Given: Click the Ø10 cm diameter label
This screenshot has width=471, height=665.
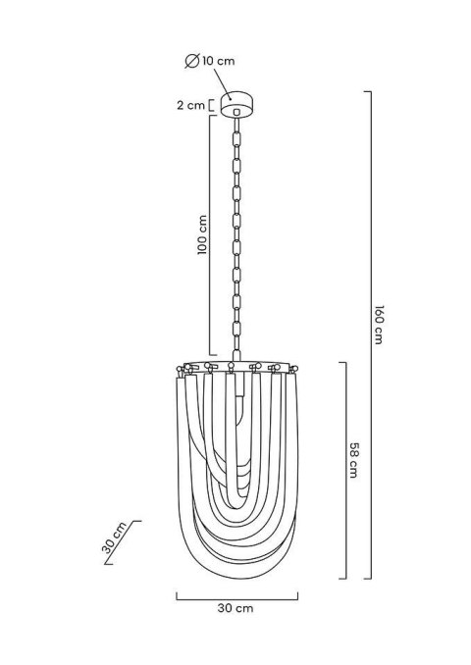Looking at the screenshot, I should pyautogui.click(x=210, y=62).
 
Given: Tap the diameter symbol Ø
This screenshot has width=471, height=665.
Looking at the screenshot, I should pyautogui.click(x=191, y=62).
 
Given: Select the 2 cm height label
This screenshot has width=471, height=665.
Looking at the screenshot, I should pyautogui.click(x=189, y=104).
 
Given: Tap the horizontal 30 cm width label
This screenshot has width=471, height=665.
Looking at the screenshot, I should pyautogui.click(x=235, y=609).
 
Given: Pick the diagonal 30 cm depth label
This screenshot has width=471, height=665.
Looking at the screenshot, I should pyautogui.click(x=115, y=538).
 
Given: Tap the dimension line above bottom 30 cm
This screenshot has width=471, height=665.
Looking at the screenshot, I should pyautogui.click(x=235, y=594).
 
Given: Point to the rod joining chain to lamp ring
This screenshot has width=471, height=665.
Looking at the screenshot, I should pyautogui.click(x=235, y=347).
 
